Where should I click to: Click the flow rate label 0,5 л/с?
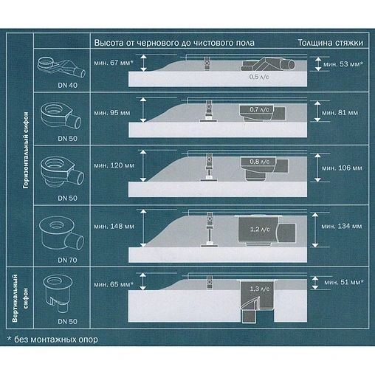coord(258,76)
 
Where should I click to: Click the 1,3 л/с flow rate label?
coord(258,287)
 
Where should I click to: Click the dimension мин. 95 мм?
coord(111,114)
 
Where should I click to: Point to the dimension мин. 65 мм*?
coord(113,283)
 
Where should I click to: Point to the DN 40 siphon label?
coord(57,85)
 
